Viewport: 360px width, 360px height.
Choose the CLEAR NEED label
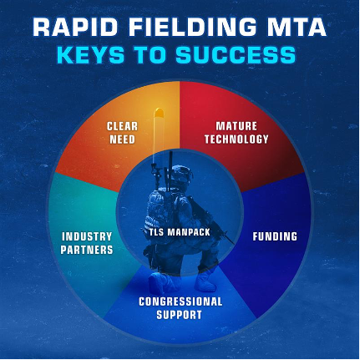[122, 132]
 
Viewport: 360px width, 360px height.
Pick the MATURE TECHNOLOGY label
[236, 133]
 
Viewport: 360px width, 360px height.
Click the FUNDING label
[275, 236]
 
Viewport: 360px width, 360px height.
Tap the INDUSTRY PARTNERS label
[86, 242]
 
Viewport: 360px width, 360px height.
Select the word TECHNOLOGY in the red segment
[236, 139]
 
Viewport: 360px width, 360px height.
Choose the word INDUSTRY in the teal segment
[86, 236]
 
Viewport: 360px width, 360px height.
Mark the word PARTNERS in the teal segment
[86, 249]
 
